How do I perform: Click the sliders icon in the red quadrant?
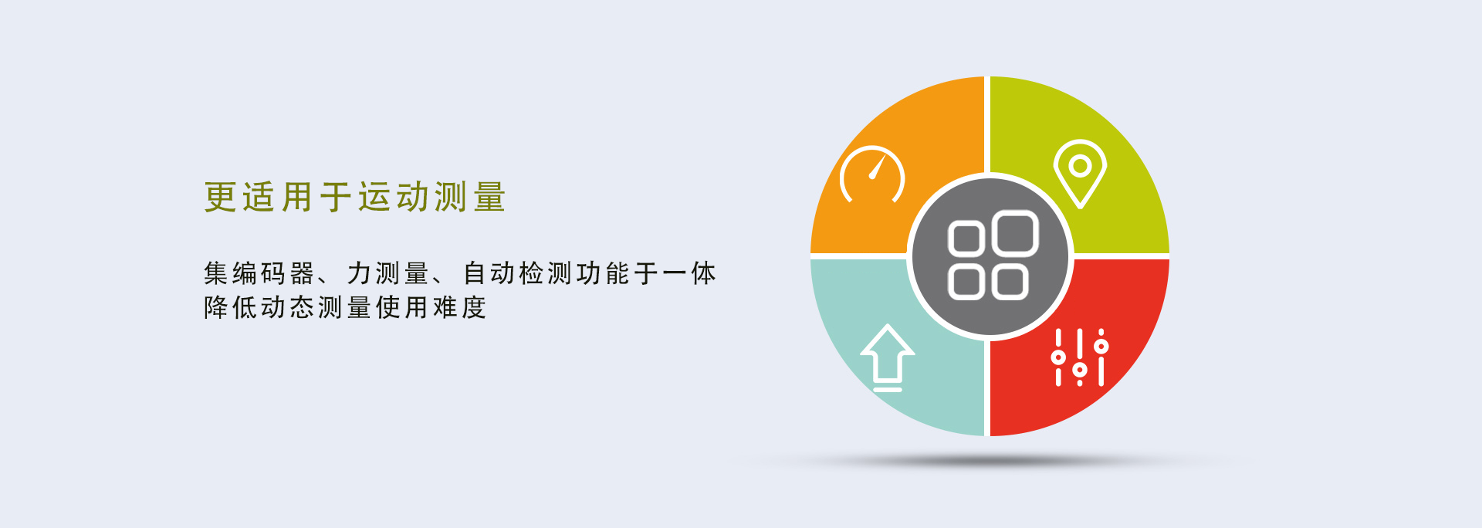1080,357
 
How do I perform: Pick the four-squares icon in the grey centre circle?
993,255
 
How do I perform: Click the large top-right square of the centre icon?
1014,233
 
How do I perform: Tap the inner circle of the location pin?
1081,166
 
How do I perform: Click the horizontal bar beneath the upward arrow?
888,389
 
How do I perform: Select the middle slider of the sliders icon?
1080,357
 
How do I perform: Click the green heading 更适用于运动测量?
355,197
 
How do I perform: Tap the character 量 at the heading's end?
490,197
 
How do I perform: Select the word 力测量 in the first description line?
388,273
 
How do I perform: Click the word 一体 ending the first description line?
689,273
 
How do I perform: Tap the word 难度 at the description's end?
460,307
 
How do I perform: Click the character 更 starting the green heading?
220,197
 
